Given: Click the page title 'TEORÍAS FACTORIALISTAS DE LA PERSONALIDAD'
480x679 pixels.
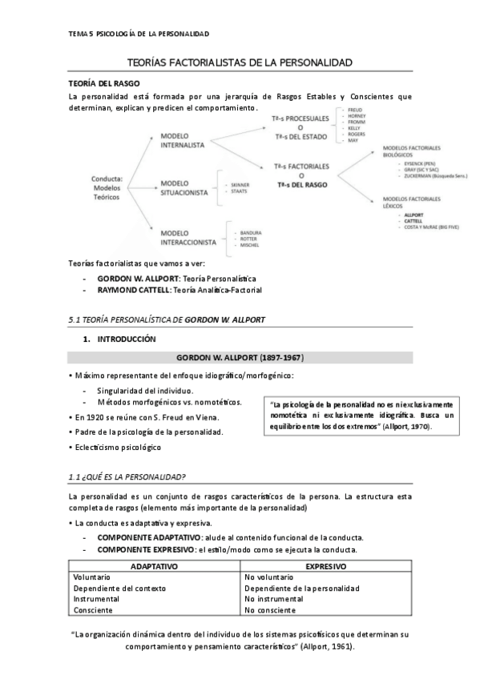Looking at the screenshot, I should click(x=240, y=62).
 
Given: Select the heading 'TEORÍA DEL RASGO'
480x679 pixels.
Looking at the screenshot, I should click(x=104, y=82).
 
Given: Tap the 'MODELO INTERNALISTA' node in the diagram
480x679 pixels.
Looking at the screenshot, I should click(x=186, y=141).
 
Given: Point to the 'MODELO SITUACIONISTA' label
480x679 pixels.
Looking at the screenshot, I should click(x=186, y=187).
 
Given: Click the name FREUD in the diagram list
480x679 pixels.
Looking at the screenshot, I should click(x=356, y=109).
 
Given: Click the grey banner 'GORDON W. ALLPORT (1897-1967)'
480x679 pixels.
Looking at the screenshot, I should click(x=240, y=357).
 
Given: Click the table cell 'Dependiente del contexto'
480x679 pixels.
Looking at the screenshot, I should click(x=119, y=587).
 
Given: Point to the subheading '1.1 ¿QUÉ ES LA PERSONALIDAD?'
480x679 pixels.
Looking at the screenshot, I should click(x=129, y=477).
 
